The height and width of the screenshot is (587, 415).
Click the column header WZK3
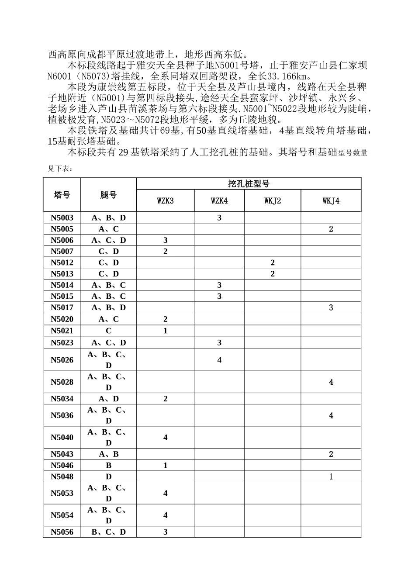[x=165, y=201]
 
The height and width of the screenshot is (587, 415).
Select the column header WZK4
[x=219, y=201]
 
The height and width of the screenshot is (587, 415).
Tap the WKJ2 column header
[x=273, y=201]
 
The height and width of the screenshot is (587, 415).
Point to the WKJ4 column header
[x=331, y=201]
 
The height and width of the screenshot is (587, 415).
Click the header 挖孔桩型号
[x=249, y=184]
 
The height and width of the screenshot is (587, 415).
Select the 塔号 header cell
[x=62, y=195]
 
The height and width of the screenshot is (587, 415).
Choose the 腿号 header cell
[x=108, y=195]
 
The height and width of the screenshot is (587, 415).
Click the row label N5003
[x=62, y=218]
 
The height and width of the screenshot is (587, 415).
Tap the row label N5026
[x=62, y=360]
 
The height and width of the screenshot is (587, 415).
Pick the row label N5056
[x=62, y=532]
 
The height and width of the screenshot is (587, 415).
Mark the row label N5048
[x=62, y=477]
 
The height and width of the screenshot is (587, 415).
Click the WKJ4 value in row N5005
[x=331, y=229]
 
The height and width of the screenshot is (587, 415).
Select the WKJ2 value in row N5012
[x=273, y=262]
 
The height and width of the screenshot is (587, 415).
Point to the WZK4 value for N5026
[x=219, y=360]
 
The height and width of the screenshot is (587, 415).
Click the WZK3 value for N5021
[x=165, y=331]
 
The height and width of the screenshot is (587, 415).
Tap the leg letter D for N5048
[x=108, y=477]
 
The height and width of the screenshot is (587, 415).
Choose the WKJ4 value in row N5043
[x=331, y=454]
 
